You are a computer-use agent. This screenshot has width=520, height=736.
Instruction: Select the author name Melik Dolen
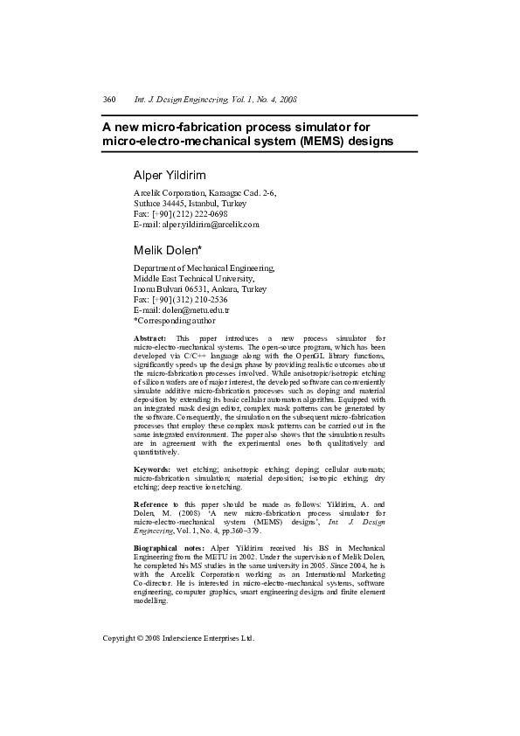(166, 250)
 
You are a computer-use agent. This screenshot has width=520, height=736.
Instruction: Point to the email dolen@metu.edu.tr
(181, 310)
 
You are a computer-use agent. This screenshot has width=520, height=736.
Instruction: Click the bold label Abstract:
(149, 337)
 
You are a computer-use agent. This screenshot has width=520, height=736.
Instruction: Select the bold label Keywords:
(152, 470)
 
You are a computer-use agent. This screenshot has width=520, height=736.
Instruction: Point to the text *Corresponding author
(174, 321)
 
